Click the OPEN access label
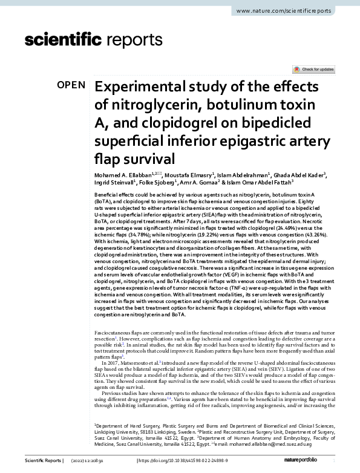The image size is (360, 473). (x=71, y=85)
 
